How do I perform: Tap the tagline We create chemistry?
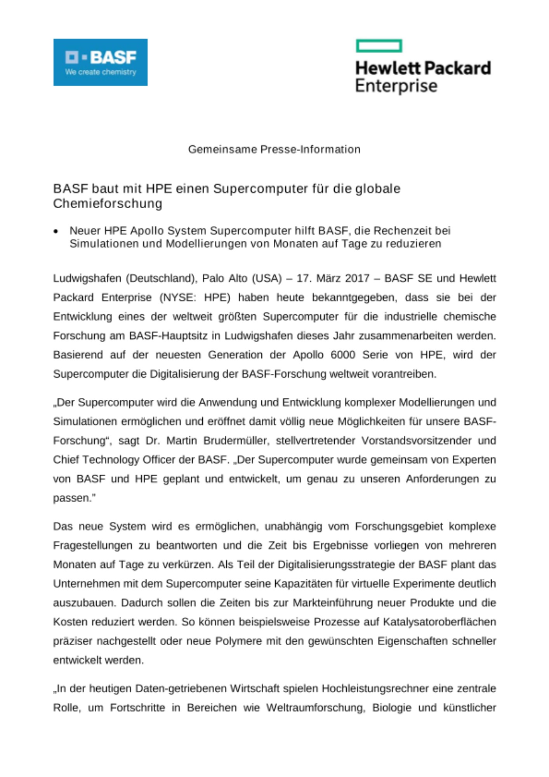point(101,72)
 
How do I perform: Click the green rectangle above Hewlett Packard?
point(379,46)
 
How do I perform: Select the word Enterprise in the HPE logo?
point(396,86)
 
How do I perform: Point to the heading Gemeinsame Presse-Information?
point(274,150)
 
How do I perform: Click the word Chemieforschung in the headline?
point(108,204)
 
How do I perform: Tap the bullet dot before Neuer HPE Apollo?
point(56,232)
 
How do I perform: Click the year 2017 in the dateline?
point(357,279)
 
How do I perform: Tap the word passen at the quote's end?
point(72,498)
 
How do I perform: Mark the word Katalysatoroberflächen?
point(440,622)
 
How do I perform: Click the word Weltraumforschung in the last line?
point(316,708)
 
